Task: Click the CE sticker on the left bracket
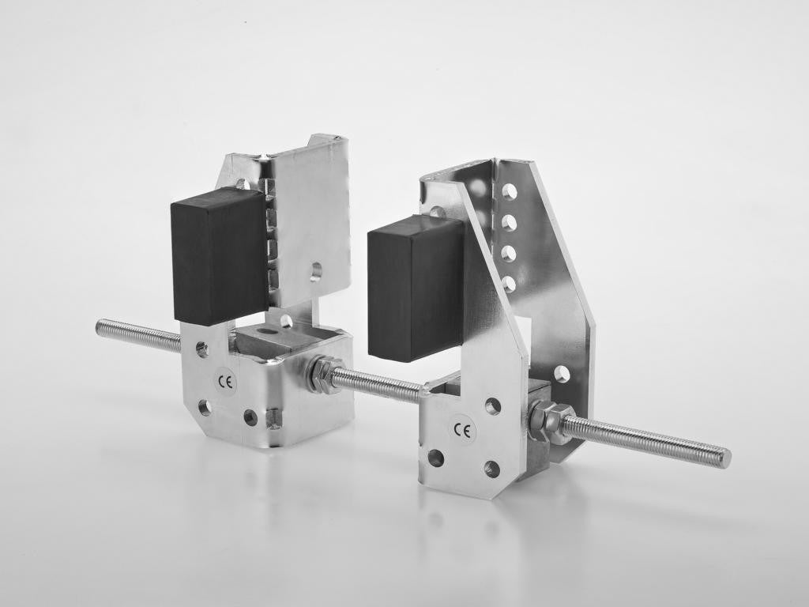point(226,383)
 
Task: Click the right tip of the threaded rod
point(725,458)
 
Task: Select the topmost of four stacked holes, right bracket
point(510,191)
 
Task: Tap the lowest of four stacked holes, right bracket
point(509,283)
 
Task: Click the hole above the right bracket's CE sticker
point(492,406)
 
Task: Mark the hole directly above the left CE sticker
point(202,349)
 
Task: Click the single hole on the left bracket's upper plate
point(315,272)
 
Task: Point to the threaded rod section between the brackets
point(379,384)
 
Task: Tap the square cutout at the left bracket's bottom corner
point(273,417)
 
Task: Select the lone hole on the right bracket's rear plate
point(561,374)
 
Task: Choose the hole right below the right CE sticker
point(491,469)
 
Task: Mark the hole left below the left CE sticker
point(205,407)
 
